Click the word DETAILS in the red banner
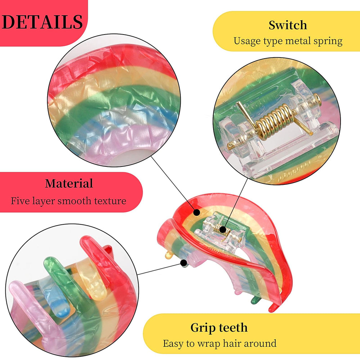pyautogui.click(x=42, y=22)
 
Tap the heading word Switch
pyautogui.click(x=288, y=25)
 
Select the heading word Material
pyautogui.click(x=69, y=183)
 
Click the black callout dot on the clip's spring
pyautogui.click(x=222, y=229)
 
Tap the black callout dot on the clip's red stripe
pyautogui.click(x=196, y=213)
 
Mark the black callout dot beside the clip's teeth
pyautogui.click(x=184, y=263)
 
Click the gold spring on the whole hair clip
pyautogui.click(x=222, y=229)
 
